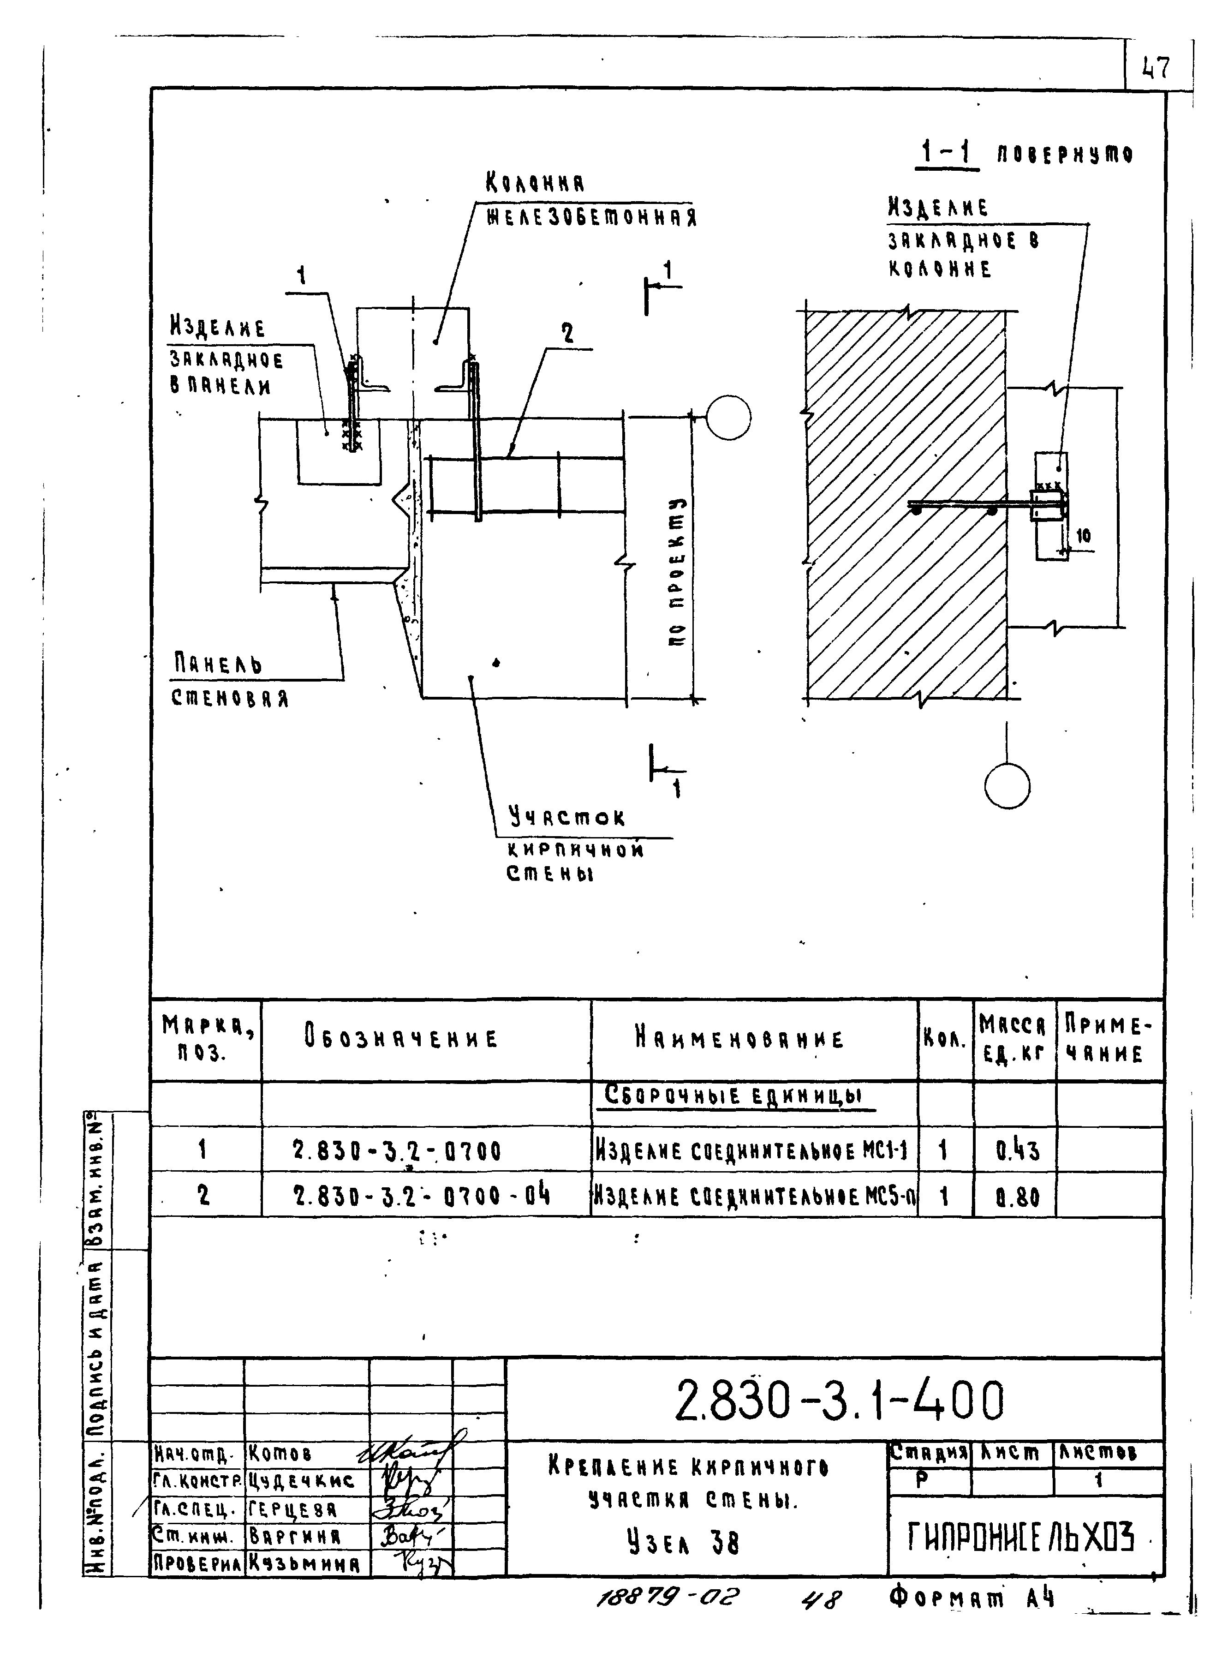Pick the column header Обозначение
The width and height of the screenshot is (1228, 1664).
[401, 1038]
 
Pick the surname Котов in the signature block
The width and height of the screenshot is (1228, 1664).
[280, 1453]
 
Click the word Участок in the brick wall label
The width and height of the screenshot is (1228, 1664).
[567, 817]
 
